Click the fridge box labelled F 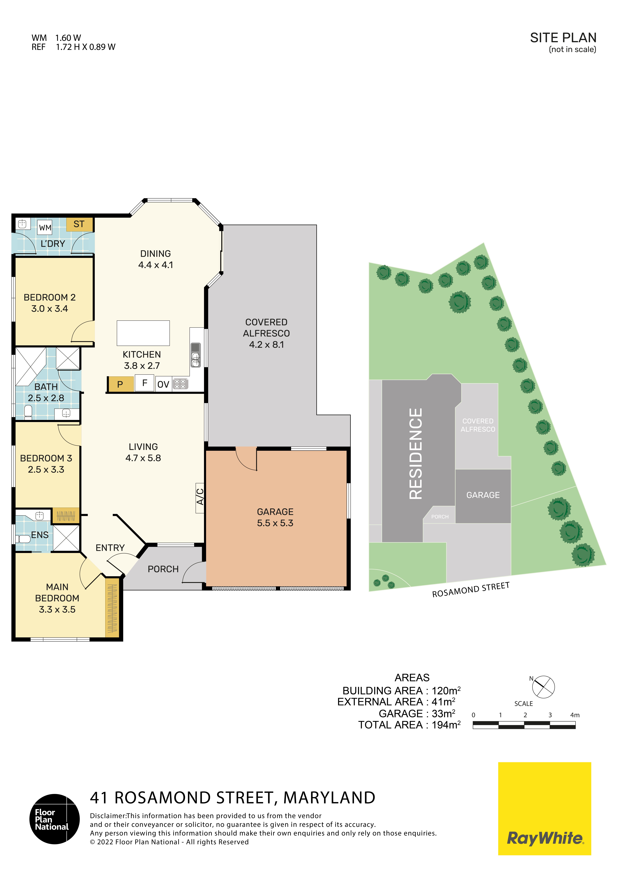[145, 383]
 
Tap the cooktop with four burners [180, 384]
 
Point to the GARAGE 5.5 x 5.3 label [275, 517]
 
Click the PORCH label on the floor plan [163, 569]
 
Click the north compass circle [543, 687]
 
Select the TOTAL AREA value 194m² [446, 725]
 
